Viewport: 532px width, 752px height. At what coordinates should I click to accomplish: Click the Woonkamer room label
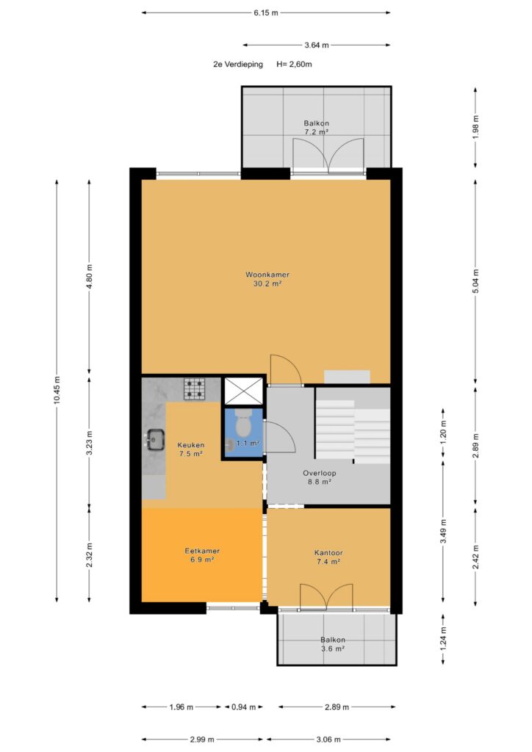pyautogui.click(x=267, y=275)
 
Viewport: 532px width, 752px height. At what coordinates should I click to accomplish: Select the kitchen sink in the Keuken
pyautogui.click(x=155, y=439)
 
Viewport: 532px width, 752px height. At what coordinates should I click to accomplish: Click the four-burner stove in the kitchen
pyautogui.click(x=194, y=389)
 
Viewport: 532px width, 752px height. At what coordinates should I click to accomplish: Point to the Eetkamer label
pyautogui.click(x=202, y=551)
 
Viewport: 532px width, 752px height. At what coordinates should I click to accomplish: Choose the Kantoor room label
pyautogui.click(x=328, y=553)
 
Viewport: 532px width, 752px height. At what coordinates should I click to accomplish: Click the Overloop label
pyautogui.click(x=320, y=473)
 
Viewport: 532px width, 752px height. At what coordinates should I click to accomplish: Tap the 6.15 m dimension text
pyautogui.click(x=266, y=13)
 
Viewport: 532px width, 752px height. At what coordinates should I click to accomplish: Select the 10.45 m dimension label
pyautogui.click(x=57, y=390)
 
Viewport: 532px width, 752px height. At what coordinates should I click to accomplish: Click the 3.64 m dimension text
pyautogui.click(x=317, y=45)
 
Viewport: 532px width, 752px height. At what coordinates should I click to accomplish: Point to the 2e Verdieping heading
pyautogui.click(x=238, y=65)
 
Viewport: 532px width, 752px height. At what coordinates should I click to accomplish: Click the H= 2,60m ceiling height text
pyautogui.click(x=294, y=65)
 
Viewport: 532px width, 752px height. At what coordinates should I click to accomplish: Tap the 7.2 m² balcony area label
pyautogui.click(x=317, y=132)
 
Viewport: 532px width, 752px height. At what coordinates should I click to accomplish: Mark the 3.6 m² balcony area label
pyautogui.click(x=333, y=648)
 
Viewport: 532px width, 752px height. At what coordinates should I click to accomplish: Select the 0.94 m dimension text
pyautogui.click(x=244, y=707)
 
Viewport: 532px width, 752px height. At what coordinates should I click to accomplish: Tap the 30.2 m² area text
pyautogui.click(x=267, y=284)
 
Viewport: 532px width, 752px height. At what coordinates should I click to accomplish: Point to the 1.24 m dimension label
pyautogui.click(x=443, y=637)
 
